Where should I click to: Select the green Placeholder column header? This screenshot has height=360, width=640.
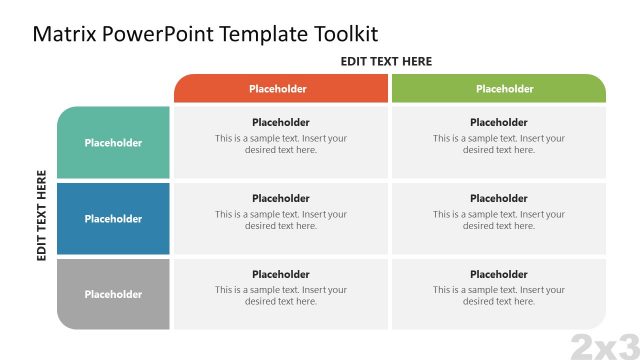pos(498,88)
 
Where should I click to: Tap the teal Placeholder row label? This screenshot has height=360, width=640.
pos(113,143)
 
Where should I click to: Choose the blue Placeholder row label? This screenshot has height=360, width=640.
pos(113,219)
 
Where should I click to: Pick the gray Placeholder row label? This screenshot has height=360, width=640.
pos(113,294)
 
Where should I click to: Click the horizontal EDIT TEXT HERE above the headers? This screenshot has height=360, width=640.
pos(386,61)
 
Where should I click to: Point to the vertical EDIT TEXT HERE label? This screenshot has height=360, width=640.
pos(42,215)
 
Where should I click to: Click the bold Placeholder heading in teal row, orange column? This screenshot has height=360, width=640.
pos(281,123)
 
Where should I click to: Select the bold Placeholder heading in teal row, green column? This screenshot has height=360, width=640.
pos(499,123)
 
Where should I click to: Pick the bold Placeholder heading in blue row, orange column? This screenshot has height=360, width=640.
pos(281,198)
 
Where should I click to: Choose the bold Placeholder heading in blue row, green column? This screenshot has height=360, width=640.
pos(499,198)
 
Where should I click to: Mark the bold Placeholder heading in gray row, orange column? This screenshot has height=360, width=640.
pos(281,274)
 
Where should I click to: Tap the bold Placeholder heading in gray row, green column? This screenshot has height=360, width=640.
pos(499,274)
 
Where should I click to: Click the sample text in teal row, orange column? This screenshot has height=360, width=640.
pos(281,144)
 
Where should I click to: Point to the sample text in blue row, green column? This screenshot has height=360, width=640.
pos(499,220)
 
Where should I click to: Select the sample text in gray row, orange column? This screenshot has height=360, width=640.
pos(281,295)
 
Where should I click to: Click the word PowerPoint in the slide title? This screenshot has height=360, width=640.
pos(159,33)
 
